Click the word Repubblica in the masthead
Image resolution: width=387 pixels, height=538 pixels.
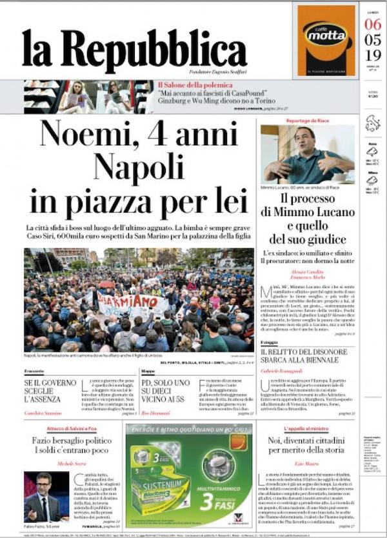click(x=164, y=50)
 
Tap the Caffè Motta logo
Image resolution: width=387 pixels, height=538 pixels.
click(x=326, y=34)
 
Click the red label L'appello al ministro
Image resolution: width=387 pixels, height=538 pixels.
click(x=307, y=428)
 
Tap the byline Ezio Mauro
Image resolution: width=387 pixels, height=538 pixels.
click(x=307, y=464)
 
